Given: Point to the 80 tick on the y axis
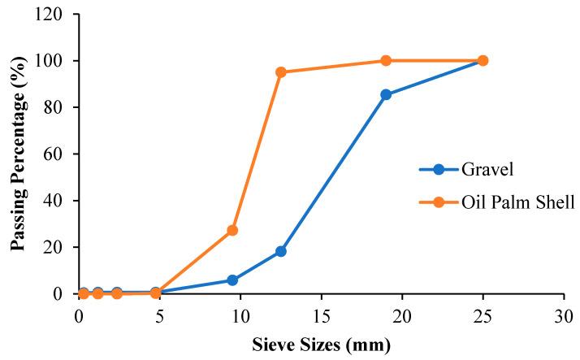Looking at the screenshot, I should (x=58, y=107).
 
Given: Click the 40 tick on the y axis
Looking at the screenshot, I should (x=58, y=201).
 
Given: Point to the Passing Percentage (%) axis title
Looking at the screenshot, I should (x=18, y=154).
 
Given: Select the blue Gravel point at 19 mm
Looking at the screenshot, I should (x=386, y=94).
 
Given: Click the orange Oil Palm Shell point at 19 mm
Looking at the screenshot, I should (x=386, y=61).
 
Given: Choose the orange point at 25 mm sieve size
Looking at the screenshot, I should (x=483, y=61).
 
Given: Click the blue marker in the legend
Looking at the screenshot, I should (x=439, y=170).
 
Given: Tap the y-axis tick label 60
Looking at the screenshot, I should (x=58, y=154).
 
